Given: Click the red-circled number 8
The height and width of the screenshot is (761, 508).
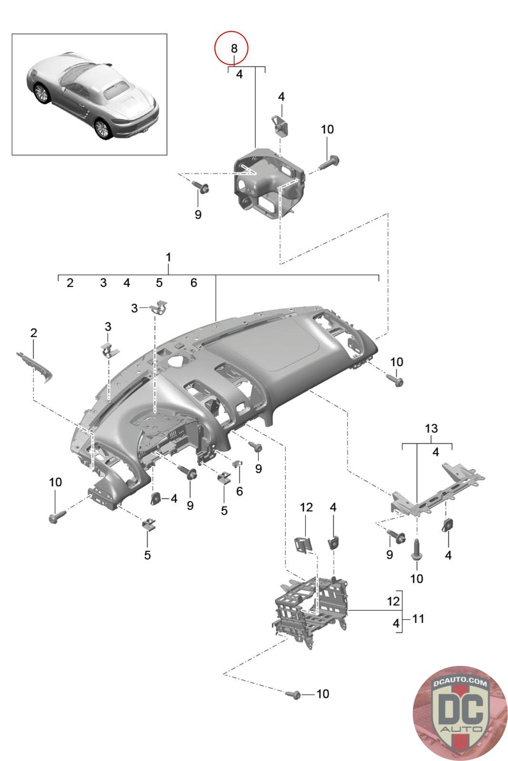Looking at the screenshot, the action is pos(234,48).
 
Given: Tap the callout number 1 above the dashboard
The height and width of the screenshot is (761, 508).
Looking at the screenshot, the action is pos(169,257).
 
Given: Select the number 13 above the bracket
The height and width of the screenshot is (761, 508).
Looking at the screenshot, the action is pos(431,429).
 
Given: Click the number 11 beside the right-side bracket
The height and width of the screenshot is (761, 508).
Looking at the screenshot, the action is pos(418,618).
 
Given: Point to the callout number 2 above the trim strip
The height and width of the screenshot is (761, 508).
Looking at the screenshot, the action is pos(33,332).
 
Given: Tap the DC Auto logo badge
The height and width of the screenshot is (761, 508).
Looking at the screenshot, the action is pos(460,713).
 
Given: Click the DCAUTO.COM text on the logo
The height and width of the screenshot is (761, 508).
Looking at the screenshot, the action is pos(460,683).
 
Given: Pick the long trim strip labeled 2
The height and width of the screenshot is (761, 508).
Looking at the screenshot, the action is pos(35,367).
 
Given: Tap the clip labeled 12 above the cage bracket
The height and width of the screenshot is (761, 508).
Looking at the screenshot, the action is pos(303,545).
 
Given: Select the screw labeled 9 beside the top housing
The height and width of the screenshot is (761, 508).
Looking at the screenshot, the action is pos(200,186).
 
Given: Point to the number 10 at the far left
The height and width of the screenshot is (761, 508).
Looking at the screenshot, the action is pos(55,482).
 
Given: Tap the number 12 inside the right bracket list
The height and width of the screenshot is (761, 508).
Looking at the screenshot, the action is pos(393,601).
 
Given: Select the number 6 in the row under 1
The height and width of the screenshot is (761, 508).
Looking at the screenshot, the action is pos(193,283).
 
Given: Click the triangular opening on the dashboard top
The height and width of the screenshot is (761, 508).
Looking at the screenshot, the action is pos(177,360).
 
